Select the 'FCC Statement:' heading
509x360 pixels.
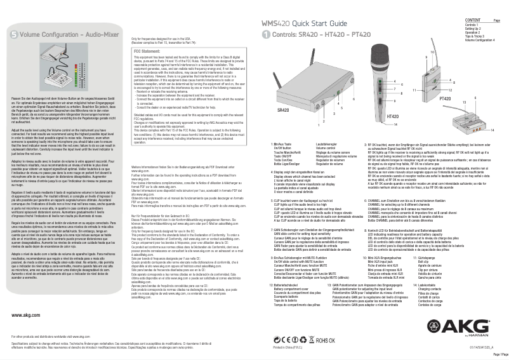point(150,50)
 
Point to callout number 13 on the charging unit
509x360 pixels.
point(464,102)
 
